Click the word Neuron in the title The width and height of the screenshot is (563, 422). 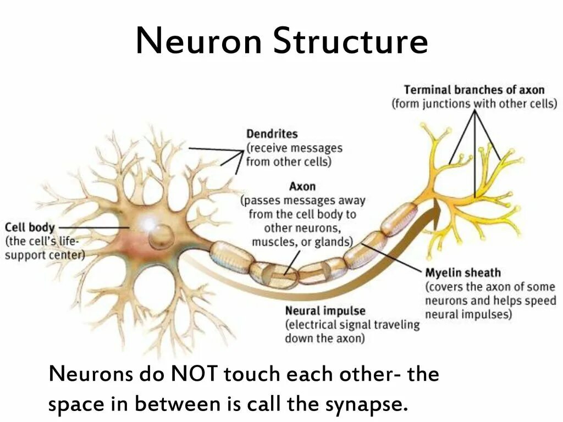pyautogui.click(x=199, y=42)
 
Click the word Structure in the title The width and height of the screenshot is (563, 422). pyautogui.click(x=351, y=42)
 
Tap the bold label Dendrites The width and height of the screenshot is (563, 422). pyautogui.click(x=272, y=134)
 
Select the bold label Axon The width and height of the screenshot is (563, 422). pyautogui.click(x=302, y=187)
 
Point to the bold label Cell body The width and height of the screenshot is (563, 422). pyautogui.click(x=30, y=227)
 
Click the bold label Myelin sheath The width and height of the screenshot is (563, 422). pyautogui.click(x=462, y=273)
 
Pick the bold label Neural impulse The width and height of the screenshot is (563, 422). pyautogui.click(x=325, y=311)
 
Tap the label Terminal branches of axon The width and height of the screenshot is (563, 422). pyautogui.click(x=474, y=90)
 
